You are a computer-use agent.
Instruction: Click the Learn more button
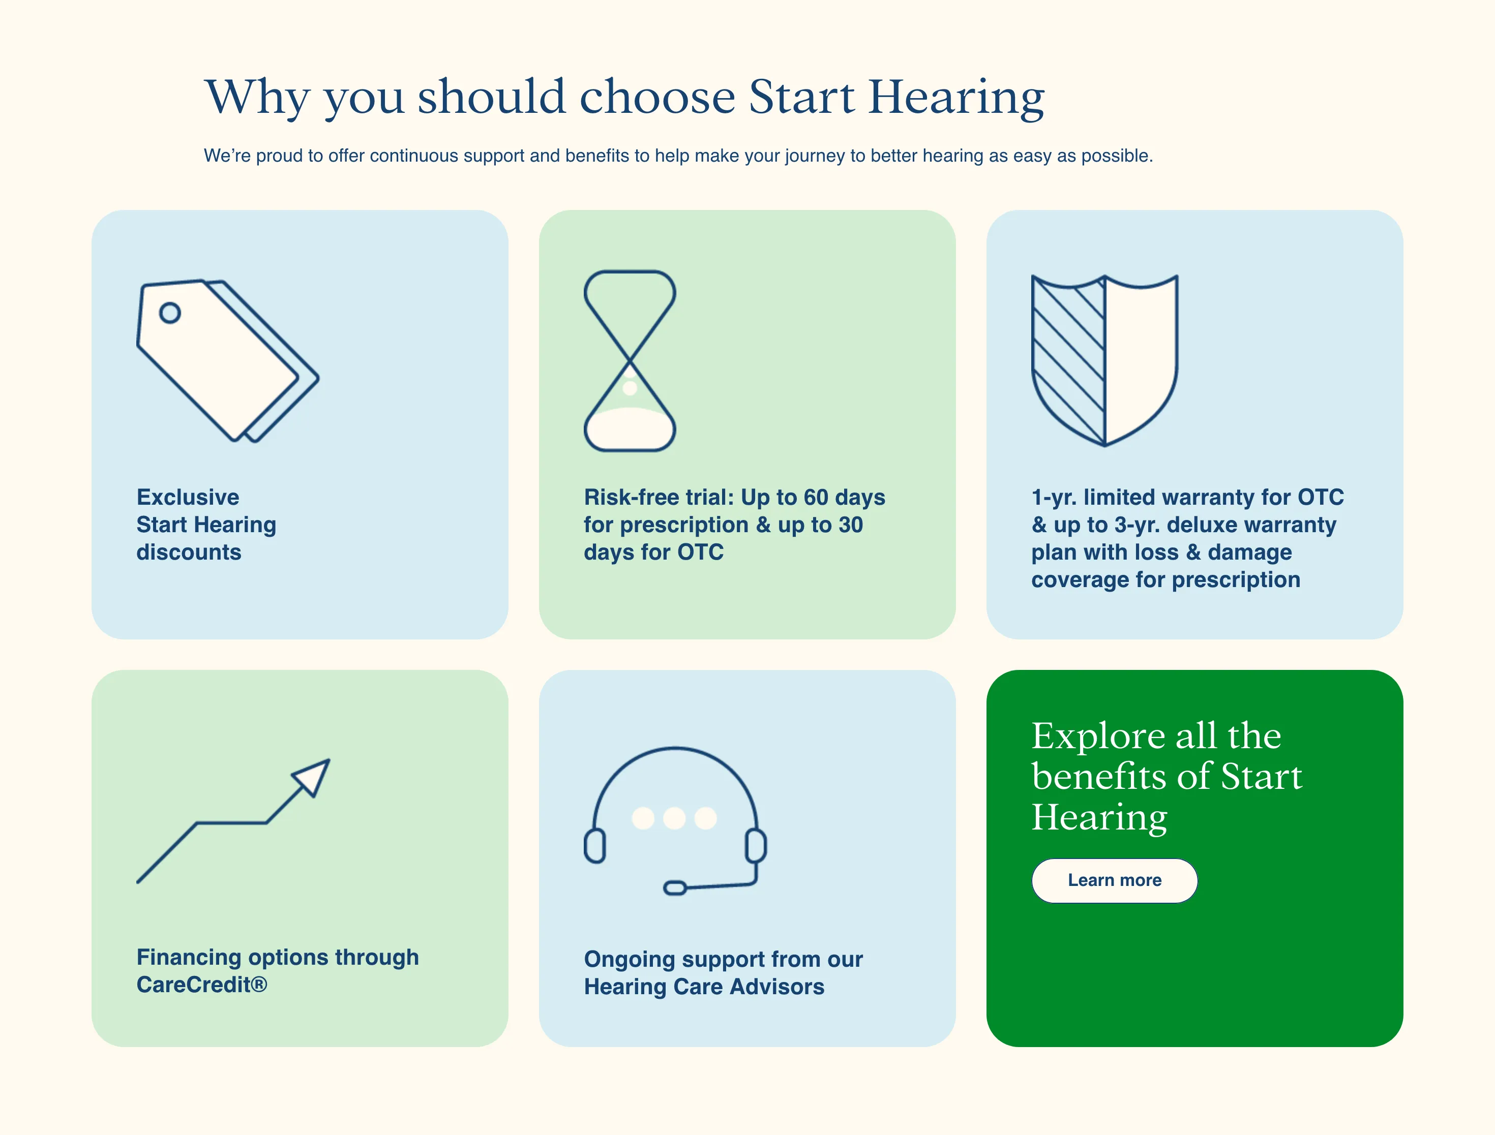[x=1115, y=880]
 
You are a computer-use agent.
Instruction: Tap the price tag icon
[x=228, y=361]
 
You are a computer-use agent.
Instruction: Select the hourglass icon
[x=630, y=361]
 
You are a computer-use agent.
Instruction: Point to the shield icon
[x=1105, y=361]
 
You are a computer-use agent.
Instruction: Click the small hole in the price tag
[x=170, y=313]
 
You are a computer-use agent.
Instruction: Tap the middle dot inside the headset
[x=674, y=818]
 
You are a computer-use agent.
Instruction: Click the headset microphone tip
[x=675, y=888]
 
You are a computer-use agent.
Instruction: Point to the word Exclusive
[x=188, y=497]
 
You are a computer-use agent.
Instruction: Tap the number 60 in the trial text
[x=816, y=497]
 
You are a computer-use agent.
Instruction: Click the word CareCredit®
[x=202, y=985]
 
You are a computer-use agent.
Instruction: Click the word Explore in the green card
[x=1098, y=737]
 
